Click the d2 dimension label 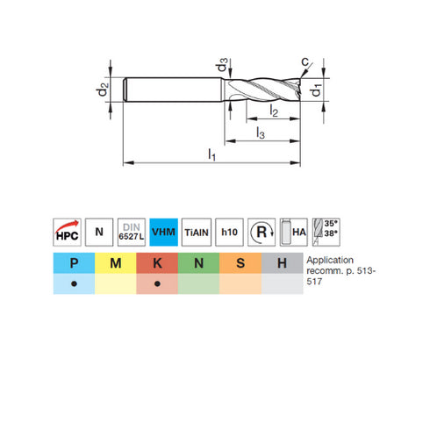tap(104, 89)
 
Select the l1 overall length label tap(211, 154)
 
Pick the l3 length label tap(259, 133)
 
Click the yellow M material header tap(115, 262)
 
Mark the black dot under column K tap(157, 285)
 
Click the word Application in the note tap(329, 261)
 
